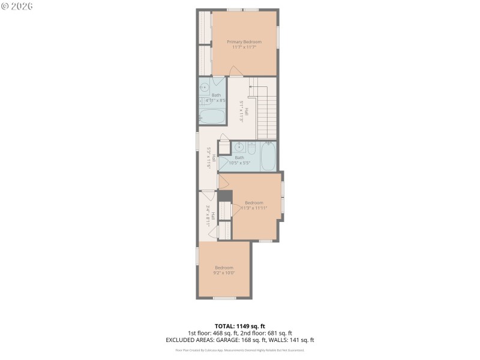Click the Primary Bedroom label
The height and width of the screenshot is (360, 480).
(x=244, y=41)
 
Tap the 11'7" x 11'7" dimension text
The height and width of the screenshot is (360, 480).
(x=244, y=47)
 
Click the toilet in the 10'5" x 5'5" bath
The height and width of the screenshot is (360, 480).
(x=252, y=148)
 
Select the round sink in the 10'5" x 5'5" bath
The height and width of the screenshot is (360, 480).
(x=239, y=147)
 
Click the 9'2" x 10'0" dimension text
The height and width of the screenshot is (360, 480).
(x=224, y=273)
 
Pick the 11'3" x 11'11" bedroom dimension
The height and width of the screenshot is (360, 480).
(x=254, y=208)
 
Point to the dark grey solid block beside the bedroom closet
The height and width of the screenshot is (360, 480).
(x=225, y=196)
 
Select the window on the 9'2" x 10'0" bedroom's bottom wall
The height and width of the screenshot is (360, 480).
(x=224, y=298)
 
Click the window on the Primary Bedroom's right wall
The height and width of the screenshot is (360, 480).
(x=278, y=37)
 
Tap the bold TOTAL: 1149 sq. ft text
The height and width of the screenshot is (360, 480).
(x=239, y=326)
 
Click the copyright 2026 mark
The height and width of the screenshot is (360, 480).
(x=17, y=6)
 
